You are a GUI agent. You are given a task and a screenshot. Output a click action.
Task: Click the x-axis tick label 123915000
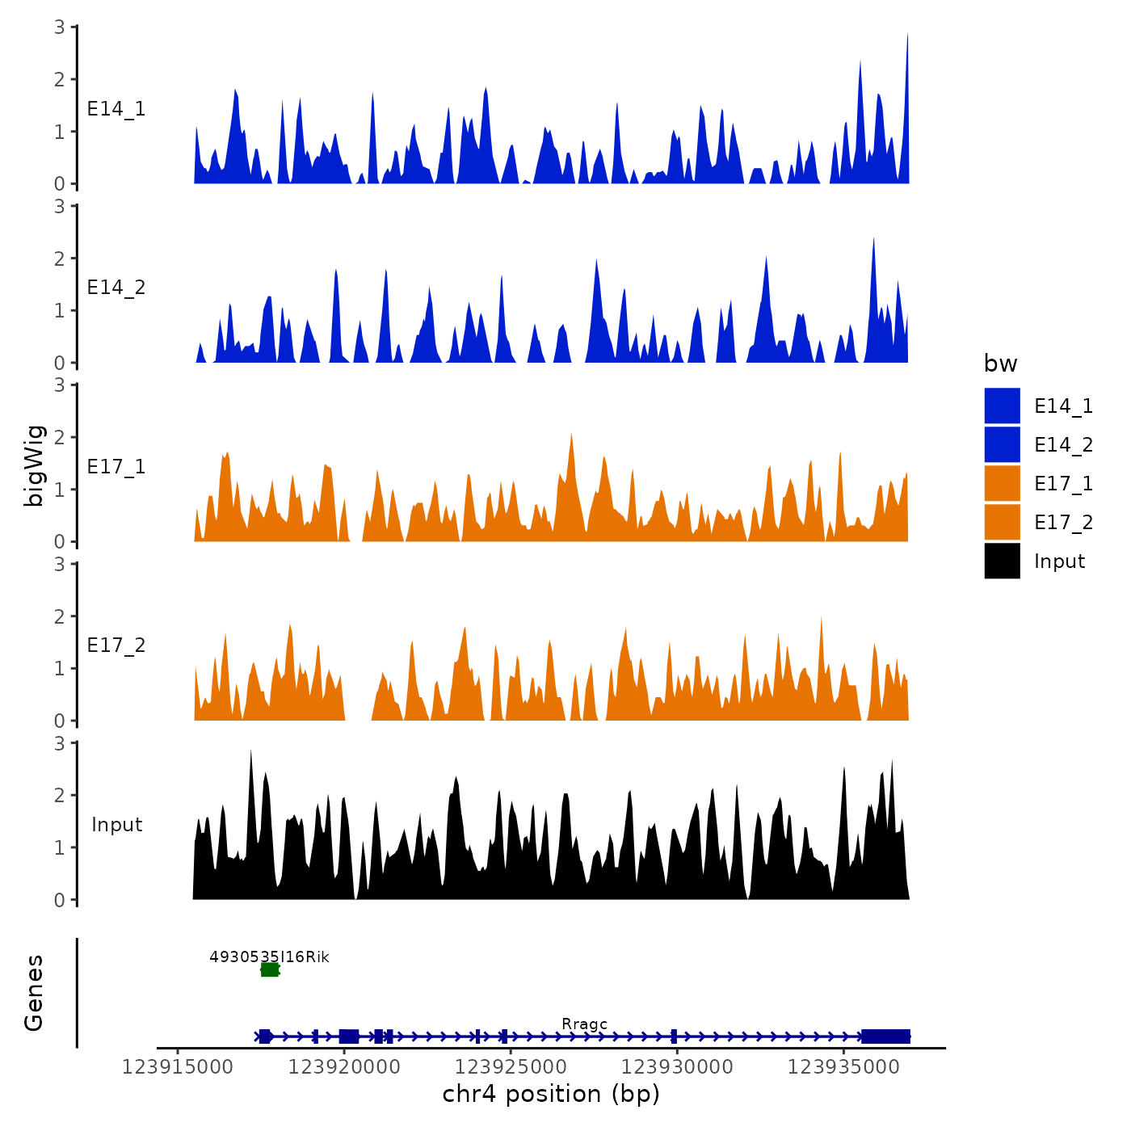178,1066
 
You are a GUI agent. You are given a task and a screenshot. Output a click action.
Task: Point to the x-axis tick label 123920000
344,1066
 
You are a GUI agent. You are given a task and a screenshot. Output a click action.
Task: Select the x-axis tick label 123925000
511,1066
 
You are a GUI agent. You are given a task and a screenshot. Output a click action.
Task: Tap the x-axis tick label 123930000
677,1066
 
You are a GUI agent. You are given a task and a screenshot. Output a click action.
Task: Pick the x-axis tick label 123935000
843,1066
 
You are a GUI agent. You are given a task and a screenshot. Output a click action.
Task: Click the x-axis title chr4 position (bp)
551,1094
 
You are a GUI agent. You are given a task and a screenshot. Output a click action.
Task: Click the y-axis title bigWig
34,465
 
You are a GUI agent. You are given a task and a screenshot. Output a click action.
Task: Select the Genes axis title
34,993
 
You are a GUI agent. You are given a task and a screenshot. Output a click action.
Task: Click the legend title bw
1000,364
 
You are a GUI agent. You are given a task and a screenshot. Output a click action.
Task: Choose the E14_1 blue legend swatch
1002,406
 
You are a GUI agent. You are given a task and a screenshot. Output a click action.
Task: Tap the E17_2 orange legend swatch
1002,522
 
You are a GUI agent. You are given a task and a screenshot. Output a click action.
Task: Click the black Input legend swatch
1002,561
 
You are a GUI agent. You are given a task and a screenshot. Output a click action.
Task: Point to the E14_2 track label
116,288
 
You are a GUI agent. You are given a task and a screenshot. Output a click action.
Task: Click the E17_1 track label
116,467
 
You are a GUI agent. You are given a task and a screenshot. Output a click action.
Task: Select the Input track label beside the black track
116,825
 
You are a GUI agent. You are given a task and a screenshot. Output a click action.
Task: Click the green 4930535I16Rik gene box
270,969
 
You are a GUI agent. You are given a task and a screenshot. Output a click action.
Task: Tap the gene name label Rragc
584,1024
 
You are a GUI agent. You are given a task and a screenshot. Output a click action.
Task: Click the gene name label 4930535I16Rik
269,957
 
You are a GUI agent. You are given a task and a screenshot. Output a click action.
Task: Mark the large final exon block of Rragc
885,1036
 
